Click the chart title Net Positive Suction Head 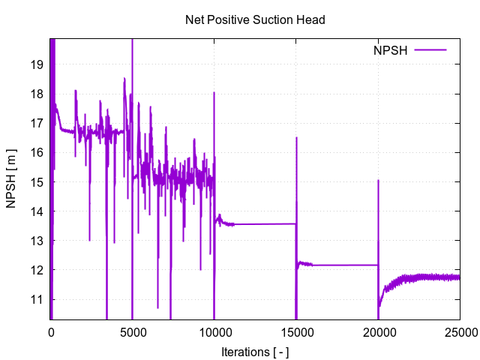coord(255,20)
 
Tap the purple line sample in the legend coord(430,50)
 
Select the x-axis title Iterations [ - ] coord(255,352)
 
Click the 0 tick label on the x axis coord(51,332)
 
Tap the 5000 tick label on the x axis coord(133,332)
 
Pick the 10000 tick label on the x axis coord(214,332)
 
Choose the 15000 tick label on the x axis coord(296,332)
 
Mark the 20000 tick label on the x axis coord(378,332)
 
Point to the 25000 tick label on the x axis coord(460,332)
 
